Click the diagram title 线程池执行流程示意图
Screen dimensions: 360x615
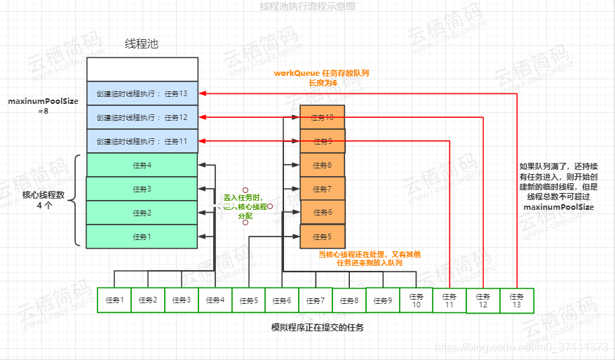pyautogui.click(x=307, y=6)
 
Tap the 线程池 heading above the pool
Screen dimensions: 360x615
pyautogui.click(x=142, y=44)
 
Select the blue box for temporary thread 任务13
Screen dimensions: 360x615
pyautogui.click(x=142, y=93)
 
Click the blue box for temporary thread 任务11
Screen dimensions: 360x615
pyautogui.click(x=142, y=141)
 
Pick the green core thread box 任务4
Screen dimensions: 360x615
pyautogui.click(x=142, y=166)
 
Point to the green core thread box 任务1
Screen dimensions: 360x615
pyautogui.click(x=142, y=236)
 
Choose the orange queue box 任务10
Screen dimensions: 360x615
pyautogui.click(x=322, y=117)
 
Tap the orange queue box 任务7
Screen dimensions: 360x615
pyautogui.click(x=322, y=189)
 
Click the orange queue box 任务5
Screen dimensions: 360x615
pyautogui.click(x=322, y=236)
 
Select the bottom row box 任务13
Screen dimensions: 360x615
pyautogui.click(x=517, y=300)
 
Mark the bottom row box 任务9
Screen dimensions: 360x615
pyautogui.click(x=382, y=300)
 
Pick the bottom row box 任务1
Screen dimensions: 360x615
pyautogui.click(x=114, y=300)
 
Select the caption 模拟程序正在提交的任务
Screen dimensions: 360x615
pyautogui.click(x=318, y=328)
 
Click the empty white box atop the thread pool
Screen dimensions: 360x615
pyautogui.click(x=142, y=69)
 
